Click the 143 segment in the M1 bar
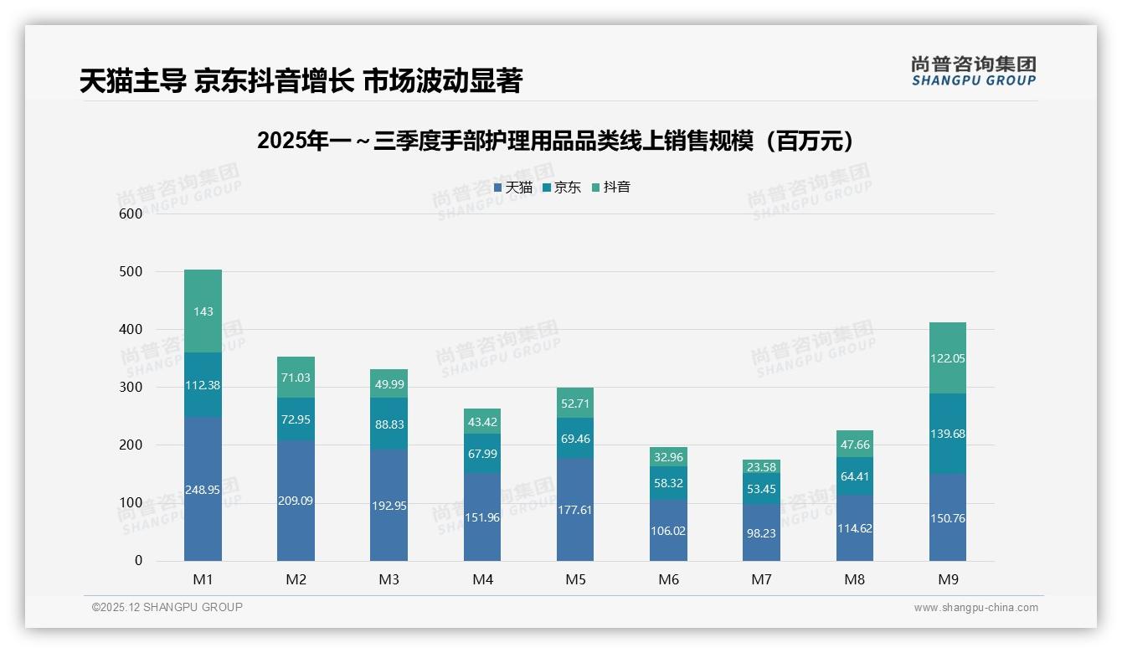(203, 311)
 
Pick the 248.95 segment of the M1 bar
(203, 489)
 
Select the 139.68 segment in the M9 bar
(947, 434)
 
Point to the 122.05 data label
(947, 358)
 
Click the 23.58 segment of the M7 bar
(761, 467)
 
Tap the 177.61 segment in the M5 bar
(574, 510)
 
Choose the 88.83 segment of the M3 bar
(389, 424)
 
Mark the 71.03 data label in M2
(296, 378)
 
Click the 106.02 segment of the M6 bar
(668, 530)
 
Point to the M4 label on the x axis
(482, 579)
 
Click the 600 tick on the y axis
(131, 213)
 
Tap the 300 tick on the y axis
(131, 388)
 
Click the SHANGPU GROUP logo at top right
(973, 70)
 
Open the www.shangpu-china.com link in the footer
(975, 608)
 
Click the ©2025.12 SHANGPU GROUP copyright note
(167, 608)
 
